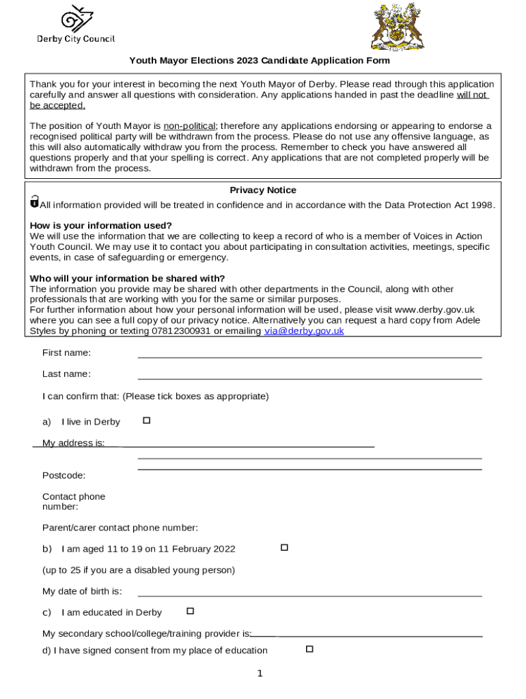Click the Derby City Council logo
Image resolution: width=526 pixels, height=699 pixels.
[x=75, y=26]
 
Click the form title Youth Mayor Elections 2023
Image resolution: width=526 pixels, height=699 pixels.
[x=260, y=61]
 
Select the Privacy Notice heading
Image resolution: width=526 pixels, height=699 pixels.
[x=263, y=190]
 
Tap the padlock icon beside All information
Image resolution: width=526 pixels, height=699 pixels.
[x=34, y=202]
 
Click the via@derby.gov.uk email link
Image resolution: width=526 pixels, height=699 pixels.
[x=304, y=331]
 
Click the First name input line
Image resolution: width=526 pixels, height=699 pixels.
[x=309, y=353]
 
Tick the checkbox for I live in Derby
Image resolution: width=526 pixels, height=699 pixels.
[x=146, y=420]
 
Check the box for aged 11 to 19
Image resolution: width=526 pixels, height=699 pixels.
[x=284, y=547]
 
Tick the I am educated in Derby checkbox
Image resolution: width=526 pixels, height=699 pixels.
[x=191, y=611]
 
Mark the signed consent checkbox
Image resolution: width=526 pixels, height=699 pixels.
[x=309, y=649]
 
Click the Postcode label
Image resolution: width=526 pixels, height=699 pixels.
[x=64, y=475]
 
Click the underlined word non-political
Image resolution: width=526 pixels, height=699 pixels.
[x=189, y=126]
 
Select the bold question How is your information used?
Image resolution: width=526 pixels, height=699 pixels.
[x=101, y=226]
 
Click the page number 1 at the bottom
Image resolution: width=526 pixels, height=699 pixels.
[x=260, y=674]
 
